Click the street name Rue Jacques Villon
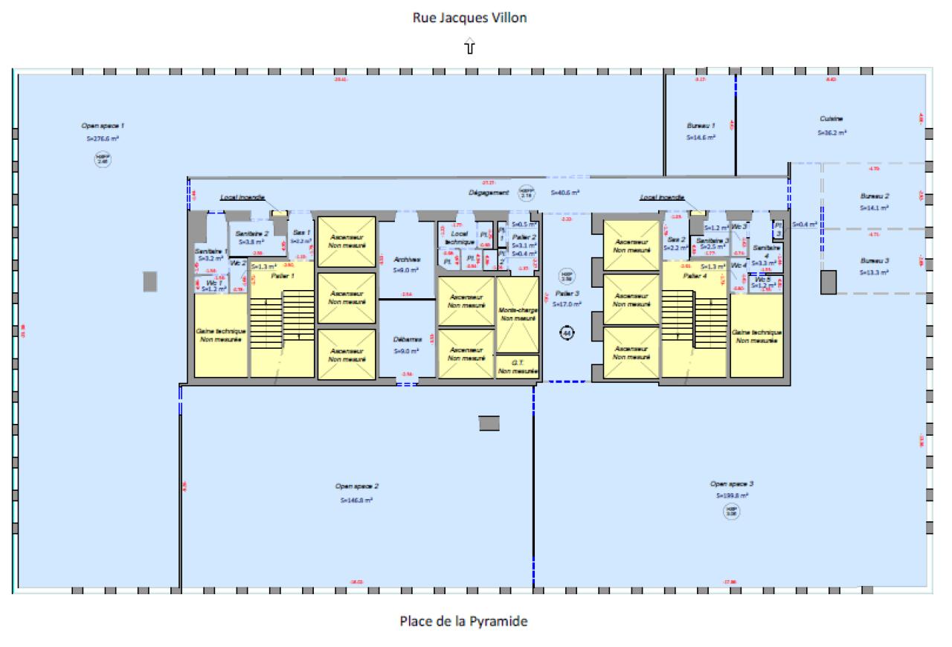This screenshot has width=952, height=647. coord(469,18)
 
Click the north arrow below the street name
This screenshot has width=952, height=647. coord(469,48)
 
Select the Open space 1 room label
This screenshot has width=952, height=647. coord(103,126)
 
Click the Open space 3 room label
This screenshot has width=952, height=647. coord(732,483)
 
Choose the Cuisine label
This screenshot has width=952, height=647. coord(831,119)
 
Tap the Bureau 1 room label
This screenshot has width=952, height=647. coord(701,126)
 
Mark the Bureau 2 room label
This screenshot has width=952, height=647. coord(875,196)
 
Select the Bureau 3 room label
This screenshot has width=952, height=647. coord(875,260)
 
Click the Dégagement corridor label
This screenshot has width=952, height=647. coord(489,192)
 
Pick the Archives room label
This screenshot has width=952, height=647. coord(408,260)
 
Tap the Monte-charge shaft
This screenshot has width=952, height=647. coord(518,313)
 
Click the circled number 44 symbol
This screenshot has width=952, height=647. coord(567,333)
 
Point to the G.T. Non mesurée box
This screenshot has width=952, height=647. coord(518,366)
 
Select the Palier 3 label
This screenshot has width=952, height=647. coord(567,293)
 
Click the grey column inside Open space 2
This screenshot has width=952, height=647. coord(489,423)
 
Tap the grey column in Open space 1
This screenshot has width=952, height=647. coord(149,280)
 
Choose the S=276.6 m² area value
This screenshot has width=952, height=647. coord(103,138)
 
